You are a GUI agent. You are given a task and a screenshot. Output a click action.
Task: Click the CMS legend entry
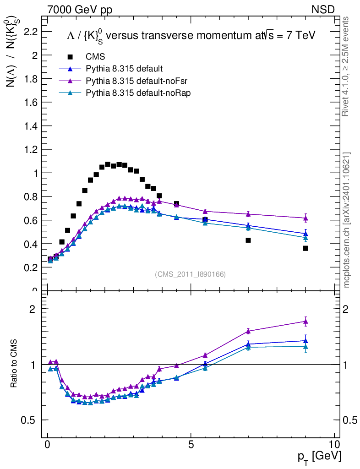tap(95, 57)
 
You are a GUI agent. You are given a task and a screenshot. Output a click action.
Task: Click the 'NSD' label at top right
tap(323, 9)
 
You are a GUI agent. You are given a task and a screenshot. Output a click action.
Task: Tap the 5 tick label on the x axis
tap(191, 445)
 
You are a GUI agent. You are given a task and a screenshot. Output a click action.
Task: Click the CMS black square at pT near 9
tap(305, 248)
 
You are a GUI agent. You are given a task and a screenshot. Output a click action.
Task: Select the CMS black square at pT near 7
tap(248, 240)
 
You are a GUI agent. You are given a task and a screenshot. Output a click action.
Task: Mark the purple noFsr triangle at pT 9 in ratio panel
tap(305, 322)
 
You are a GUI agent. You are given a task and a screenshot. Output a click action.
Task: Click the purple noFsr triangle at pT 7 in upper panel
tap(248, 214)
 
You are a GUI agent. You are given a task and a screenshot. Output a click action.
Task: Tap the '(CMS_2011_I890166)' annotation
tap(191, 274)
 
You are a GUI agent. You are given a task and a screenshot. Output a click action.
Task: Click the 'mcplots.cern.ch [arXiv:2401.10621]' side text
tap(347, 220)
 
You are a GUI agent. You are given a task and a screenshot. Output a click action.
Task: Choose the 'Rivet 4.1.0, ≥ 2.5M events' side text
tap(347, 66)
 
